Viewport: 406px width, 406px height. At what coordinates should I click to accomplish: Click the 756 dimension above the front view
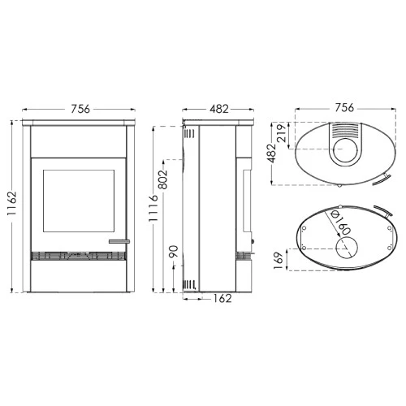pyautogui.click(x=80, y=109)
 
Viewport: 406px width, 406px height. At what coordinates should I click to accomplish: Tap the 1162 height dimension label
pyautogui.click(x=12, y=204)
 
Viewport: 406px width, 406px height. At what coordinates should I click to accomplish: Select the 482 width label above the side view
pyautogui.click(x=219, y=109)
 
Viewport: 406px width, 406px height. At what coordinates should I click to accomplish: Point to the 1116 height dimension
pyautogui.click(x=153, y=208)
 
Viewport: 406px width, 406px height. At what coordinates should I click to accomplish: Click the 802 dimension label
pyautogui.click(x=163, y=179)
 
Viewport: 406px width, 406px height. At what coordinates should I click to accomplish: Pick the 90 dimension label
pyautogui.click(x=174, y=252)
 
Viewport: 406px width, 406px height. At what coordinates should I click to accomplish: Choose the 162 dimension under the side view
pyautogui.click(x=222, y=298)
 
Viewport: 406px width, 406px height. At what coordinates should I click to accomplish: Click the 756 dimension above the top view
pyautogui.click(x=344, y=107)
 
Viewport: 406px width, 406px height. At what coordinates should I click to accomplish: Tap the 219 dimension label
pyautogui.click(x=282, y=133)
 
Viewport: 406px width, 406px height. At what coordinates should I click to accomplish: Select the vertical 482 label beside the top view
pyautogui.click(x=271, y=153)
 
